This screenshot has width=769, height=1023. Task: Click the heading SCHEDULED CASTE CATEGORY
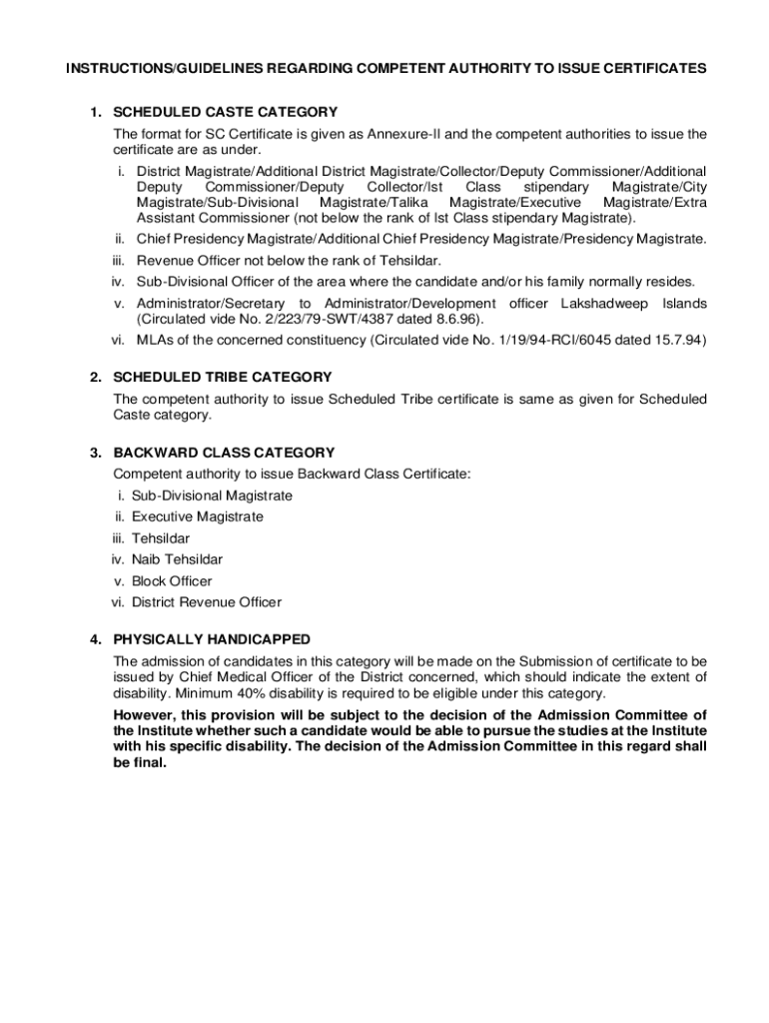coord(225,112)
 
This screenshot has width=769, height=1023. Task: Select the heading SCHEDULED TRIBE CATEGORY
coord(223,378)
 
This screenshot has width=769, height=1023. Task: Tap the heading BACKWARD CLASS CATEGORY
coord(224,453)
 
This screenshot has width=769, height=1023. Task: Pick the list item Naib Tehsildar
coord(177,559)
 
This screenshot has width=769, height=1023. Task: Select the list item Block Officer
coord(172,581)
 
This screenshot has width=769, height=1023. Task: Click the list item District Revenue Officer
coord(207,602)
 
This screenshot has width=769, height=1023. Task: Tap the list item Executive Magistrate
coord(198,516)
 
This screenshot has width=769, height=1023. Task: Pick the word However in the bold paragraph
coord(144,715)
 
